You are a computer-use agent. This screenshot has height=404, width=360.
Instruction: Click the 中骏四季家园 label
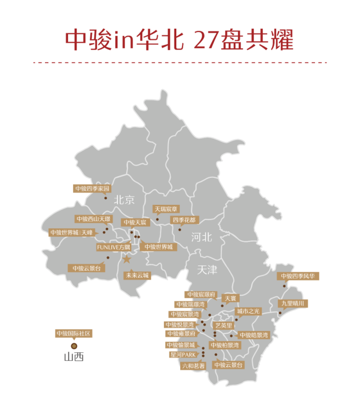[92, 189]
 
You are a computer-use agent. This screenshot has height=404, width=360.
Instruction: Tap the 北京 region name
[124, 200]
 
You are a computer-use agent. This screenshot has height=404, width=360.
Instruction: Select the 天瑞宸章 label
[166, 209]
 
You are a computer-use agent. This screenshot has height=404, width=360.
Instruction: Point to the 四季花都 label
[184, 220]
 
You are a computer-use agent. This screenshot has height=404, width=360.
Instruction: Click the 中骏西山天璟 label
[94, 219]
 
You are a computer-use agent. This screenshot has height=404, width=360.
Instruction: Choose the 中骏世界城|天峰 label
[71, 232]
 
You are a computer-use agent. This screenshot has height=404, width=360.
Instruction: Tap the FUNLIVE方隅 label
[113, 247]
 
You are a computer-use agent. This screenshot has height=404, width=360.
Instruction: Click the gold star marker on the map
[127, 259]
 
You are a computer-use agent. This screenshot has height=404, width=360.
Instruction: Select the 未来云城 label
[137, 276]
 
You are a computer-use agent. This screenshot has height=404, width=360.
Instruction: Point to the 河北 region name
[202, 237]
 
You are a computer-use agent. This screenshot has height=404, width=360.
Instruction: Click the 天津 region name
[207, 270]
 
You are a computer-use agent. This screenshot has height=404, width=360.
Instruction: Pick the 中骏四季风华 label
[298, 276]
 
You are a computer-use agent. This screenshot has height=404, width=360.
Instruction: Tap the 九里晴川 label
[293, 304]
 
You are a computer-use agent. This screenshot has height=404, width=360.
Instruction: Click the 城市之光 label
[248, 311]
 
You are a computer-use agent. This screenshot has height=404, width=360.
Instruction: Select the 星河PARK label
[183, 355]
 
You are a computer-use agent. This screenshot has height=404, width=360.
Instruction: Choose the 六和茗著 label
[193, 365]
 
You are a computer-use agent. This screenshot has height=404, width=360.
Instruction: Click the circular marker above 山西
[74, 346]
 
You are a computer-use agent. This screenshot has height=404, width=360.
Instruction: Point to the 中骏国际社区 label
[74, 333]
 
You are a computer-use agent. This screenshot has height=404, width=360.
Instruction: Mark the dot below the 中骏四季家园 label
[105, 198]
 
